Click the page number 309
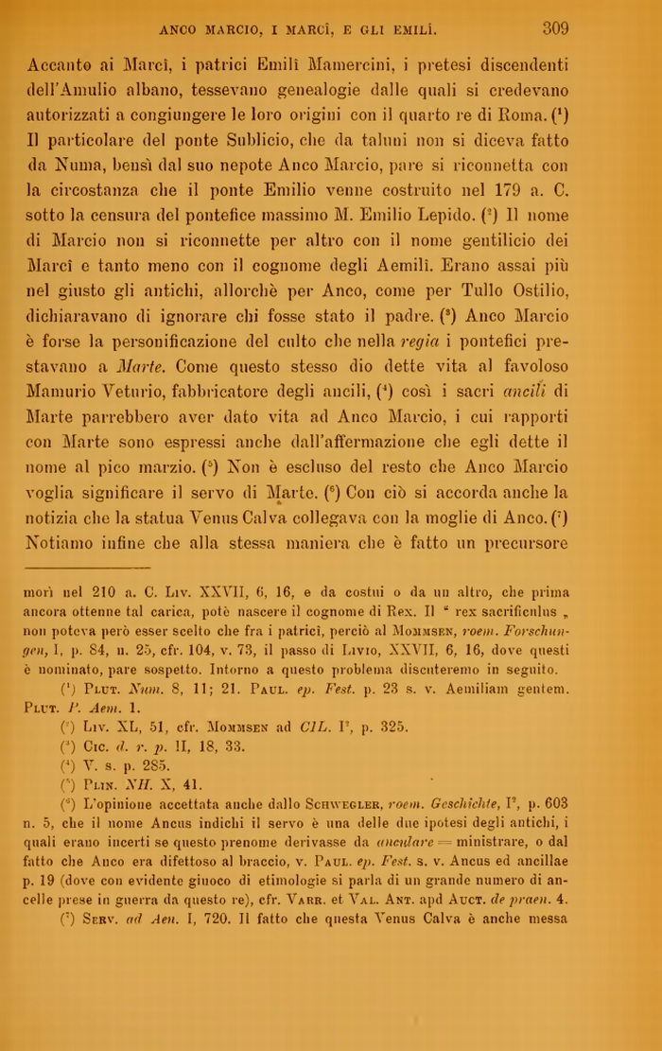(x=555, y=28)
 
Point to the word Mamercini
(x=355, y=65)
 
